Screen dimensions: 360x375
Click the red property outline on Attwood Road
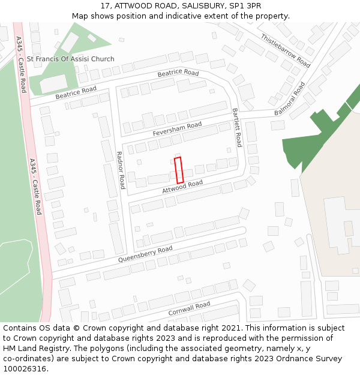click(x=179, y=170)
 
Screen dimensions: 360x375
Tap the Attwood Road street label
click(x=182, y=187)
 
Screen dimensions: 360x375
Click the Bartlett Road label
click(x=236, y=127)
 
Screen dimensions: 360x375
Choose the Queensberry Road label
click(x=145, y=254)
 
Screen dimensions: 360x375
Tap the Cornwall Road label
click(x=189, y=309)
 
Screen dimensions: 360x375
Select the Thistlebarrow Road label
click(x=286, y=50)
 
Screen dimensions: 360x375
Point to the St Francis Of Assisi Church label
click(x=71, y=59)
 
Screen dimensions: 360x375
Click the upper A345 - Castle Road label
click(x=22, y=64)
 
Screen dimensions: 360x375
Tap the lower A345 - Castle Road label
click(x=35, y=187)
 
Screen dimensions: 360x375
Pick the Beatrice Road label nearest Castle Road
click(x=76, y=93)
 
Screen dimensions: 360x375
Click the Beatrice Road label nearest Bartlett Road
click(x=178, y=73)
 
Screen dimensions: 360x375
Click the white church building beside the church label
click(x=53, y=83)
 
